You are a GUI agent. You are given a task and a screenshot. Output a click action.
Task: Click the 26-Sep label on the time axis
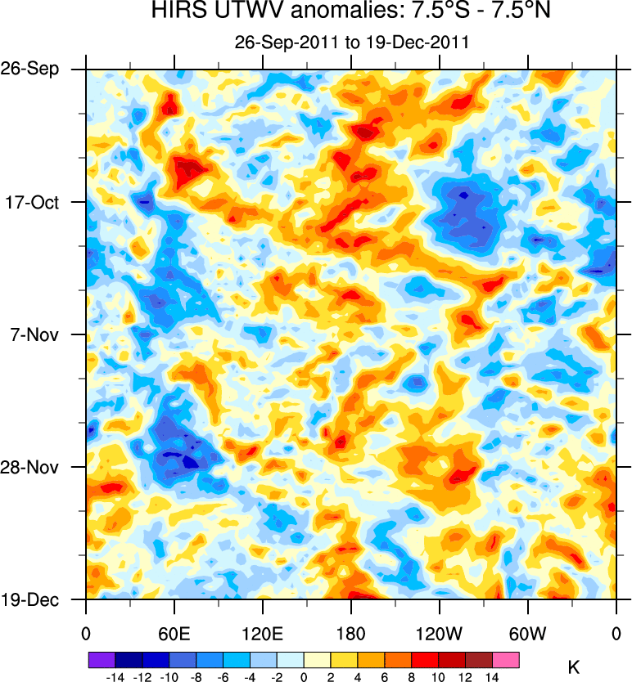pos(36,69)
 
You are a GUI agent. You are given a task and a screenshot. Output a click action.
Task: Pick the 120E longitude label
pos(262,633)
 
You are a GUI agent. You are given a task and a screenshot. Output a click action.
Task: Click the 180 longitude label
pos(350,633)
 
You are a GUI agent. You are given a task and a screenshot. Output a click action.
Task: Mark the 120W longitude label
pos(439,633)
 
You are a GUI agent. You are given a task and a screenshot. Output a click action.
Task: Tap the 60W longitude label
pos(527,633)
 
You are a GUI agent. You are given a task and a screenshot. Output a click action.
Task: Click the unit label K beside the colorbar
pos(574,667)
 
